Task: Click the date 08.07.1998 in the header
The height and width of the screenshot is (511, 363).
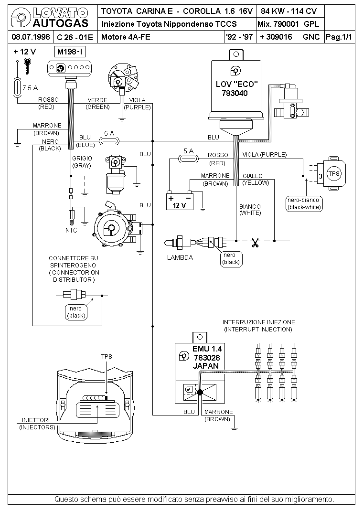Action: [30, 37]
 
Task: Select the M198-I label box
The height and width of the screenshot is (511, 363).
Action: [71, 52]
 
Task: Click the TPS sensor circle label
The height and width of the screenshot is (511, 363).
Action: [333, 173]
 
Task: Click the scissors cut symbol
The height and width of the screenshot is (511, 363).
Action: [255, 243]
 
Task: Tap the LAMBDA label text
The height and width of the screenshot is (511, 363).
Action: [180, 257]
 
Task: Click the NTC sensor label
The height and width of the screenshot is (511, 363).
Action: [71, 230]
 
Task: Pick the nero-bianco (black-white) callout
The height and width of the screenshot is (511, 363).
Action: [304, 204]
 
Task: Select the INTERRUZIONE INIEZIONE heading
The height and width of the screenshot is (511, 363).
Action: [258, 322]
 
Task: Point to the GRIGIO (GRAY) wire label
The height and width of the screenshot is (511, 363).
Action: [82, 162]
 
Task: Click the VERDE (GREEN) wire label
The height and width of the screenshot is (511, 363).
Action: [97, 103]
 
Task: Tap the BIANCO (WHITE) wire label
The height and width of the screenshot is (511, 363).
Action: [250, 210]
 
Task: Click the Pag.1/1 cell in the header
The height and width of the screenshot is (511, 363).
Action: [339, 37]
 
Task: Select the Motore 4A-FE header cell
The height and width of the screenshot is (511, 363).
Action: [126, 37]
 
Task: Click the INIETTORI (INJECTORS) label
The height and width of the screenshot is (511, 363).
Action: [37, 424]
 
